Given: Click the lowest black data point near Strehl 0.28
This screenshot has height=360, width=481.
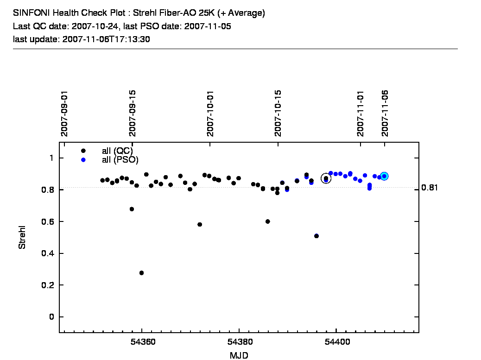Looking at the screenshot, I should [x=141, y=273].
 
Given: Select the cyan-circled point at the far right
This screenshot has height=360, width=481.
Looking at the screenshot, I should [x=384, y=176].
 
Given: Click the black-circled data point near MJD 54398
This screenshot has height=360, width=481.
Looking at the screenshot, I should [x=326, y=178].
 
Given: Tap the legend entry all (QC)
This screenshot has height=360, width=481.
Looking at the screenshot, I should [x=117, y=151].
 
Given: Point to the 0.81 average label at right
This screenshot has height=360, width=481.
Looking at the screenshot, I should [x=430, y=188].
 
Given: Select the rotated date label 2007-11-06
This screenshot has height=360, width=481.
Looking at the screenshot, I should [x=386, y=114].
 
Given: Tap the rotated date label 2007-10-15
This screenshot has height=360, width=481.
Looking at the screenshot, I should [x=278, y=114].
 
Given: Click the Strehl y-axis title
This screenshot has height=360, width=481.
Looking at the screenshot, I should [x=22, y=237].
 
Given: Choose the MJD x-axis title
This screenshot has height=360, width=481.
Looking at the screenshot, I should [x=239, y=355].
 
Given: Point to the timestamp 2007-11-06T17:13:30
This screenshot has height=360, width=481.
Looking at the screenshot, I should [x=105, y=39].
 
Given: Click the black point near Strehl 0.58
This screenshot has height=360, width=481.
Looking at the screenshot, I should [x=200, y=224].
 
